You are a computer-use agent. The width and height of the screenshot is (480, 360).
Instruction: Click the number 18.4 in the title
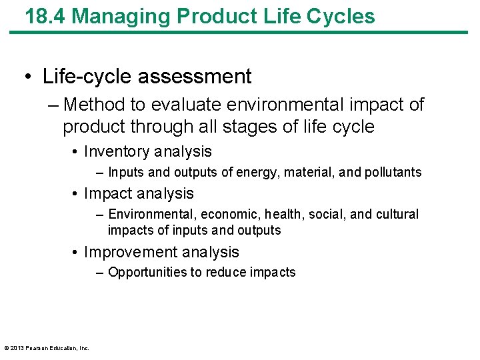[45, 16]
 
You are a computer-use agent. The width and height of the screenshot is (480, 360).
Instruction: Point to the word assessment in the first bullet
[195, 77]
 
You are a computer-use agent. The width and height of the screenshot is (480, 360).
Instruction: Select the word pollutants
[393, 173]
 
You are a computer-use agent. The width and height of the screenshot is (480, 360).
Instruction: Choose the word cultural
[397, 215]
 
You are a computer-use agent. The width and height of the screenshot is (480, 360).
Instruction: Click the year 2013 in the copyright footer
[17, 348]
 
